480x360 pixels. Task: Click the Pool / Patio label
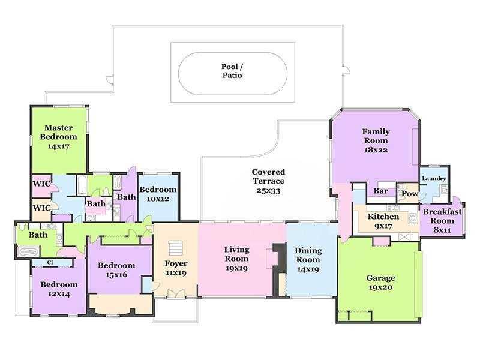232,71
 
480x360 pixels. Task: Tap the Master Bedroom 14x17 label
58,137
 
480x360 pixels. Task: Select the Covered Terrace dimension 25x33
268,191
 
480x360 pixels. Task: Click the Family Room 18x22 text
376,140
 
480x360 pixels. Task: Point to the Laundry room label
434,178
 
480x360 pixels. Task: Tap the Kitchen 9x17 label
383,221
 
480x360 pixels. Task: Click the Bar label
381,191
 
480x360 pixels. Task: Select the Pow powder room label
410,193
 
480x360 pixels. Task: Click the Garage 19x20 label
380,282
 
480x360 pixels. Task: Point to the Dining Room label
308,255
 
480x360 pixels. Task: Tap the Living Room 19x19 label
236,259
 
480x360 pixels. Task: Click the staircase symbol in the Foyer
175,248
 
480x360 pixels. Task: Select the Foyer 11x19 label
176,268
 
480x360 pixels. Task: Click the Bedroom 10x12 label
158,194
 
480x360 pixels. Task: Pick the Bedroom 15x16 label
116,269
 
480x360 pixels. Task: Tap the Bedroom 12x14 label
59,289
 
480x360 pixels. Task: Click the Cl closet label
50,263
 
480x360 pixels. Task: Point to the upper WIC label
41,184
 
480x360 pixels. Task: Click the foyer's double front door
176,293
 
